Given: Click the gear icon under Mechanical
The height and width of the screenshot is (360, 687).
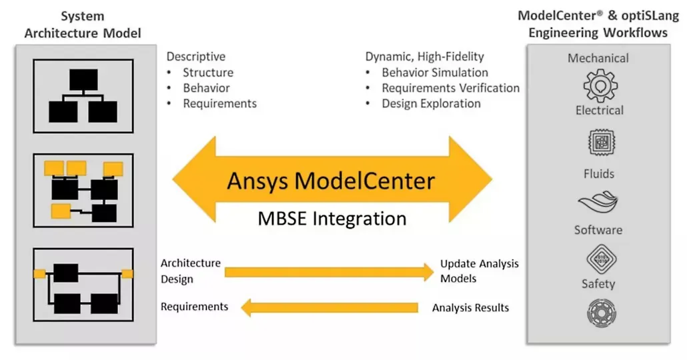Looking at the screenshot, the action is point(600,86).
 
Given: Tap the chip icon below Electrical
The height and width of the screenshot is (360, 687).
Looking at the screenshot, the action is point(601,143).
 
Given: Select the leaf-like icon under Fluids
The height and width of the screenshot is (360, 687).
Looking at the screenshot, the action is point(598,202).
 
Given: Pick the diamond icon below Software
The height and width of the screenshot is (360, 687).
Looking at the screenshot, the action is point(601,259).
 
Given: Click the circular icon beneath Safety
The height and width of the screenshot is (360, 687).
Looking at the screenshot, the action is point(601,313).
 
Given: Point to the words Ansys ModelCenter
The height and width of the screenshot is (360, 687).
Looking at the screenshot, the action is point(331,181).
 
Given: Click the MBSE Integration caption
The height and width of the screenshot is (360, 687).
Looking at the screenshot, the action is point(332,219).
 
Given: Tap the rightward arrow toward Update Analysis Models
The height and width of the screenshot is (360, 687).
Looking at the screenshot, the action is point(329,272).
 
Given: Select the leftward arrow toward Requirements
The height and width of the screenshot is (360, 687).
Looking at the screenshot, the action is point(329,307).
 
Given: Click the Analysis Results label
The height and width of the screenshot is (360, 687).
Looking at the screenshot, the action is point(470,308).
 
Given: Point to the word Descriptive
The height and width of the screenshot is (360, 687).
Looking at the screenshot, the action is point(196,57).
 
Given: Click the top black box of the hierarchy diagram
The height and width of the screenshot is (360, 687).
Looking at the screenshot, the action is point(83,80).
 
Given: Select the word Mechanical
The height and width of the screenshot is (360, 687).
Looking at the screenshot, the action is point(598,58).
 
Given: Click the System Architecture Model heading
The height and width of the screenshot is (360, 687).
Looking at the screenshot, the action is point(83,25).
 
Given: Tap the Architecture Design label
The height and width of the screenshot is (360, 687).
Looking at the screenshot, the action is point(191,271).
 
